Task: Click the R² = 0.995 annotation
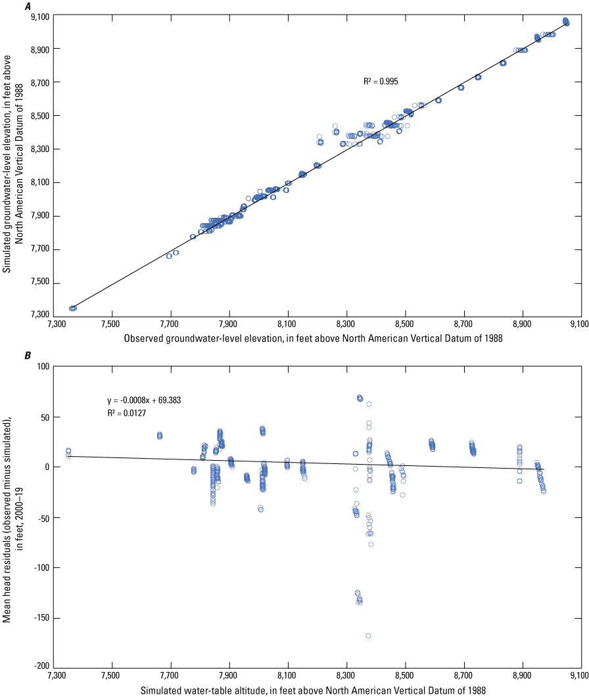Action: click(381, 82)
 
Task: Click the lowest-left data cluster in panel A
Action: click(73, 308)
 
